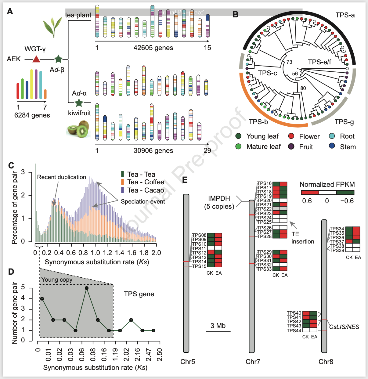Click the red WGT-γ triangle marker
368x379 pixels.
point(36,59)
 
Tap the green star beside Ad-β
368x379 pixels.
point(58,59)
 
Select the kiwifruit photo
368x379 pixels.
point(78,129)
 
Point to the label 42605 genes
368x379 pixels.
point(153,48)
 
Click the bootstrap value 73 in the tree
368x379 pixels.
point(289,62)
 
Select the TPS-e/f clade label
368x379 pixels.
point(319,62)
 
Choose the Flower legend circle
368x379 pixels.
point(291,136)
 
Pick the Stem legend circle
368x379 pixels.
point(332,146)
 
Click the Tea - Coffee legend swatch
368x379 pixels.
point(122,182)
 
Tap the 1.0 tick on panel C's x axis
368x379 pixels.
point(96,253)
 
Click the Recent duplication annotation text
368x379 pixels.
point(61,177)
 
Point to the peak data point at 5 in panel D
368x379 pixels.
point(87,288)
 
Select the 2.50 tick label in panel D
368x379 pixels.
point(159,354)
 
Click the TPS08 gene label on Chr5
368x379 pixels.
point(199,235)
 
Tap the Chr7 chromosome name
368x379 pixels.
point(253,362)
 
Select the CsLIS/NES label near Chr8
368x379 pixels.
point(344,327)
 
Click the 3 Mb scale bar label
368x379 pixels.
point(218,326)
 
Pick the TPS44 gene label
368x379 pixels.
point(294,330)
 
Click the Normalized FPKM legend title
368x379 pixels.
point(327,185)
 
